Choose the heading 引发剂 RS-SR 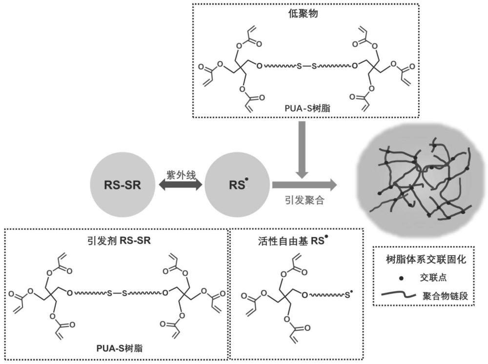(x=117, y=241)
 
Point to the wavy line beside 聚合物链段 (x=400, y=294)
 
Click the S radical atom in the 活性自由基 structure (x=347, y=295)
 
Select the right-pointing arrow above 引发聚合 (x=303, y=185)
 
